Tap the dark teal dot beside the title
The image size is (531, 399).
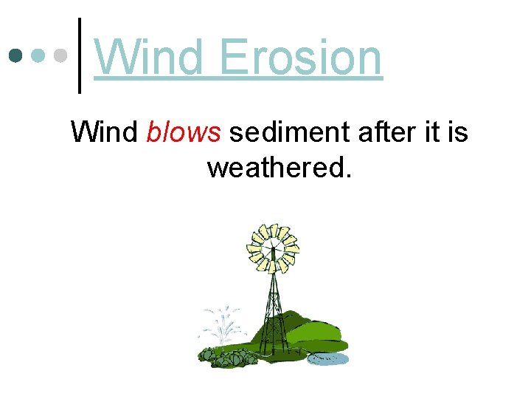[15, 56]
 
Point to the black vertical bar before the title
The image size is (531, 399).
[80, 56]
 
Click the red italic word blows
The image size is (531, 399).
[184, 132]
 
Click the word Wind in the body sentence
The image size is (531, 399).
[104, 132]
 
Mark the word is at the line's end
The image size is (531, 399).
[458, 132]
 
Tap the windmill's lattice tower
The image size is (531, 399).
[274, 310]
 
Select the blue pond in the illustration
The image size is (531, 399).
[327, 359]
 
